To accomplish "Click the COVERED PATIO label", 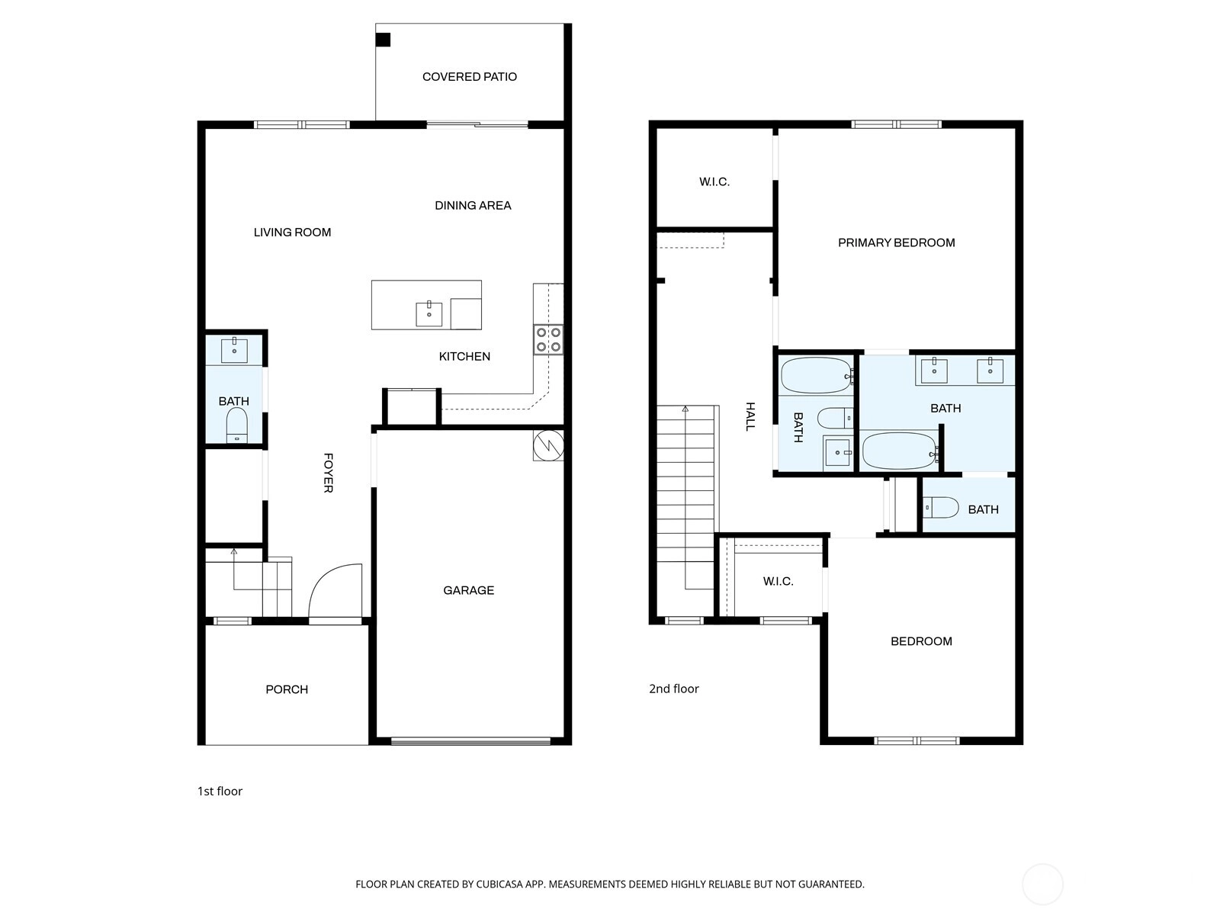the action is click(x=469, y=77).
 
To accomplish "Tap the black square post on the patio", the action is click(x=383, y=40).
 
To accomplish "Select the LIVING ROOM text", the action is click(x=292, y=233).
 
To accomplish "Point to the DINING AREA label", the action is click(x=473, y=206).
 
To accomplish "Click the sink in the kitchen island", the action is click(x=429, y=314).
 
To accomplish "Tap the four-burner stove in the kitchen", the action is click(x=548, y=339).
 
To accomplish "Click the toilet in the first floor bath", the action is click(x=237, y=425).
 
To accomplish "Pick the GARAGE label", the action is click(x=468, y=590).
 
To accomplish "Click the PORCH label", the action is click(x=287, y=689).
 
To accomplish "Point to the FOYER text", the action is click(x=329, y=473).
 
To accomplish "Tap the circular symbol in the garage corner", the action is click(x=548, y=445).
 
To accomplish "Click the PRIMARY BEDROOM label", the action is click(x=897, y=242).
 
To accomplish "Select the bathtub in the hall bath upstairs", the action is click(x=817, y=376).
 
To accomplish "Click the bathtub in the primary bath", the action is click(x=900, y=451).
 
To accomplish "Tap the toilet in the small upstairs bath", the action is click(x=941, y=507).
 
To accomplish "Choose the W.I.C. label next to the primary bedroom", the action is click(x=714, y=181).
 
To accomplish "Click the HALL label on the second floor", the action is click(x=750, y=416).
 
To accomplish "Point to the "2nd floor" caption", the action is click(x=673, y=689).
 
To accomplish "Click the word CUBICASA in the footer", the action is click(x=499, y=884).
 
